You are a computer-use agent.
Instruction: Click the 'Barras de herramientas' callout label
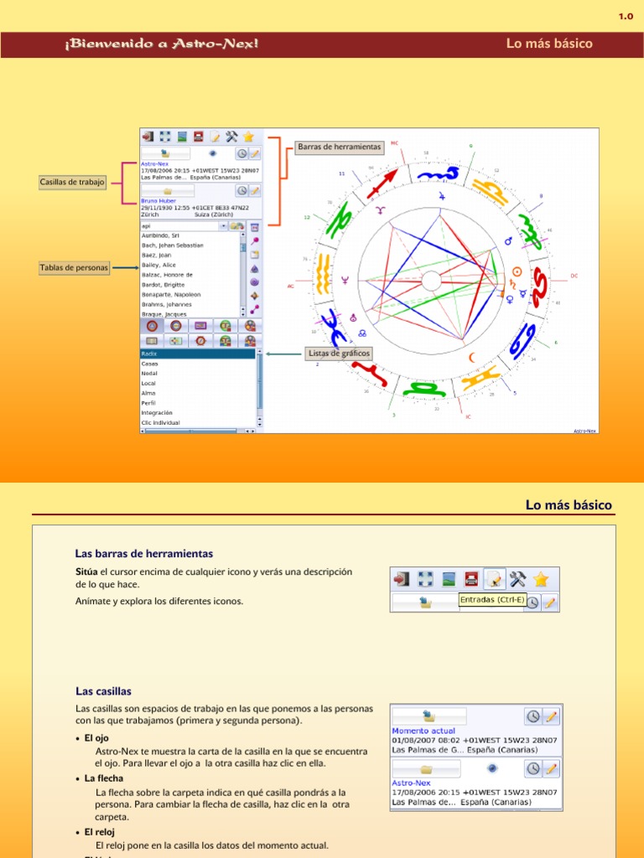pos(340,147)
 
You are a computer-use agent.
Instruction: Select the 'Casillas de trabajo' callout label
pos(72,182)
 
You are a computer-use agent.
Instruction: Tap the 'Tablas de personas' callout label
pos(74,268)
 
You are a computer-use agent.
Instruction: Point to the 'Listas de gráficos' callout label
pos(340,354)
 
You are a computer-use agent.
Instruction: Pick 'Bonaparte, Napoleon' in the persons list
pos(171,295)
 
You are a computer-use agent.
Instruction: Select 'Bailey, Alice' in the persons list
pos(158,265)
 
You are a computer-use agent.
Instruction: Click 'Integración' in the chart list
pos(157,412)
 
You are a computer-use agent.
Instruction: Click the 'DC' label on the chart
pos(574,275)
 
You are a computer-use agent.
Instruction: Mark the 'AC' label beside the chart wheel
pos(291,286)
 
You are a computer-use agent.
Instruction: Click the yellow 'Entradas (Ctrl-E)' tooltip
pos(492,599)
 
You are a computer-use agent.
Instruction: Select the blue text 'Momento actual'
pos(423,731)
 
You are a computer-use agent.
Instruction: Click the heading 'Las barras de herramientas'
pos(144,554)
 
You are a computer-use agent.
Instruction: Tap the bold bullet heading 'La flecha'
pos(104,778)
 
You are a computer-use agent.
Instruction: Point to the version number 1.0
pos(626,16)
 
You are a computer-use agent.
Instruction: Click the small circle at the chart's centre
pos(431,281)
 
